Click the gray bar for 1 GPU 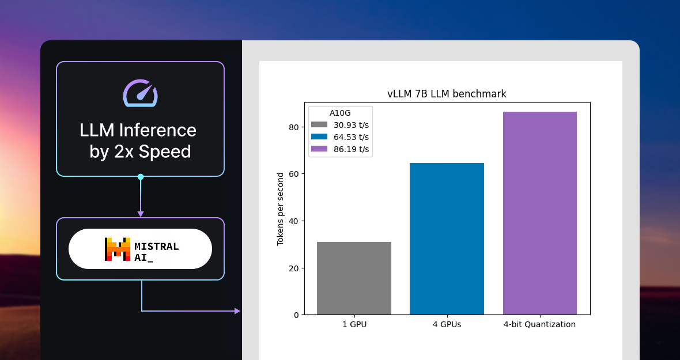click(354, 278)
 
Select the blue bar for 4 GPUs click(447, 238)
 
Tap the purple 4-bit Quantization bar click(540, 213)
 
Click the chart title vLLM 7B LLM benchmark click(447, 93)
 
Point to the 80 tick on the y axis click(293, 127)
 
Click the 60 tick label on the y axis click(293, 174)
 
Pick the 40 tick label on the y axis click(293, 221)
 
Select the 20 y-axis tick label click(293, 268)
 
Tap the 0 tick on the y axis click(296, 315)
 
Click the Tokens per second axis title click(280, 209)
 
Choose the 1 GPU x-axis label click(354, 324)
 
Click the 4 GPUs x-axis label click(447, 324)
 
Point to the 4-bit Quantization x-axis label click(539, 324)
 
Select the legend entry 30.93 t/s click(340, 125)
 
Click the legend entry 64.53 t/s click(340, 137)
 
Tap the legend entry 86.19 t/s click(340, 149)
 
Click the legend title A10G click(340, 113)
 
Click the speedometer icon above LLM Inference click(140, 93)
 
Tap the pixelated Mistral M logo click(118, 249)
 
